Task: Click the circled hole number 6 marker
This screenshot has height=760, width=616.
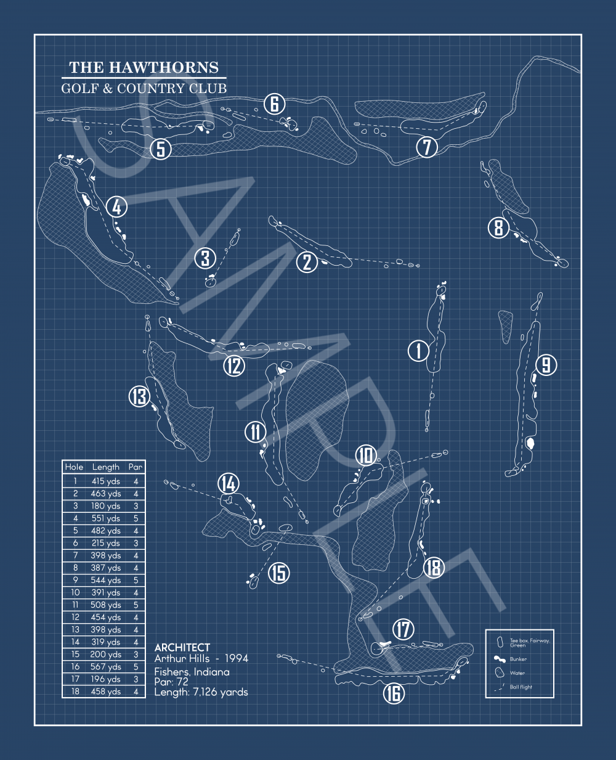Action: pos(275,104)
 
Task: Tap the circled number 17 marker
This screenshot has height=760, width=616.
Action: pos(403,629)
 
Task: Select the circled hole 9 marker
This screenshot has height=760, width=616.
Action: pos(546,365)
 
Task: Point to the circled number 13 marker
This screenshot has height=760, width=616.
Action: pos(139,396)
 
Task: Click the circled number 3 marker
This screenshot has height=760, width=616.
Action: pos(206,258)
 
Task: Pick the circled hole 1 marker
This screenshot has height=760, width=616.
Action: pos(419,351)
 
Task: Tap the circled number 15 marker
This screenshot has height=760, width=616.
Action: pos(279,573)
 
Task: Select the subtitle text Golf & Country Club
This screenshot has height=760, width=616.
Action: pos(144,88)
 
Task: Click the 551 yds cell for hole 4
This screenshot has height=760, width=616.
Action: pos(106,518)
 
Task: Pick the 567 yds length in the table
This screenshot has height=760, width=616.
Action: pos(106,666)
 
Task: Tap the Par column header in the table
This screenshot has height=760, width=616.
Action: pos(136,467)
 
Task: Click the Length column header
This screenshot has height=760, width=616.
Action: pos(106,467)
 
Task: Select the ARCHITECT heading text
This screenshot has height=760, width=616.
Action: pos(182,647)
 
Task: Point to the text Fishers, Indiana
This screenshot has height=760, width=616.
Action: pos(192,672)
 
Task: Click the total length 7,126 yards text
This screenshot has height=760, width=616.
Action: pos(201,692)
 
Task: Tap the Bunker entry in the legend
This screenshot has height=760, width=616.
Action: pos(518,659)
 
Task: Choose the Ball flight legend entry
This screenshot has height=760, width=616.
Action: pos(521,687)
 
